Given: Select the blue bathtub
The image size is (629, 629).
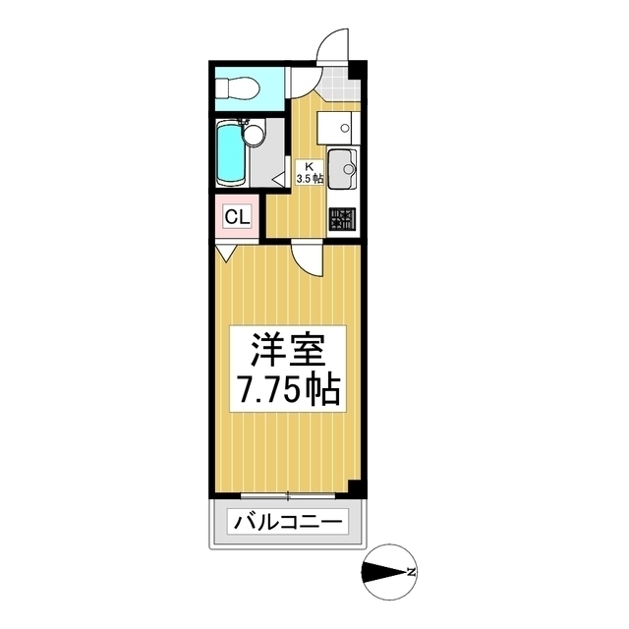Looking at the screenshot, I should (230, 152).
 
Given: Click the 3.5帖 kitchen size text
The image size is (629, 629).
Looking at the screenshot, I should (308, 178).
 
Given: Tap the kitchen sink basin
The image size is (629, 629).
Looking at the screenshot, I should (342, 167).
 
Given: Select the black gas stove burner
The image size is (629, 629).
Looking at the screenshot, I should (343, 220).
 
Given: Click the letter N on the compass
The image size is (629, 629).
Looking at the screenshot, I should (413, 572).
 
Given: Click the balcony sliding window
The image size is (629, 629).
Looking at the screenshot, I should (287, 493).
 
